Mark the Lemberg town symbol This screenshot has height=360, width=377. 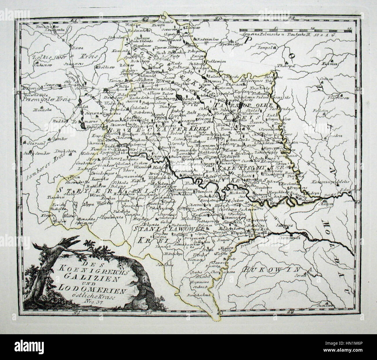[104, 89]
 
